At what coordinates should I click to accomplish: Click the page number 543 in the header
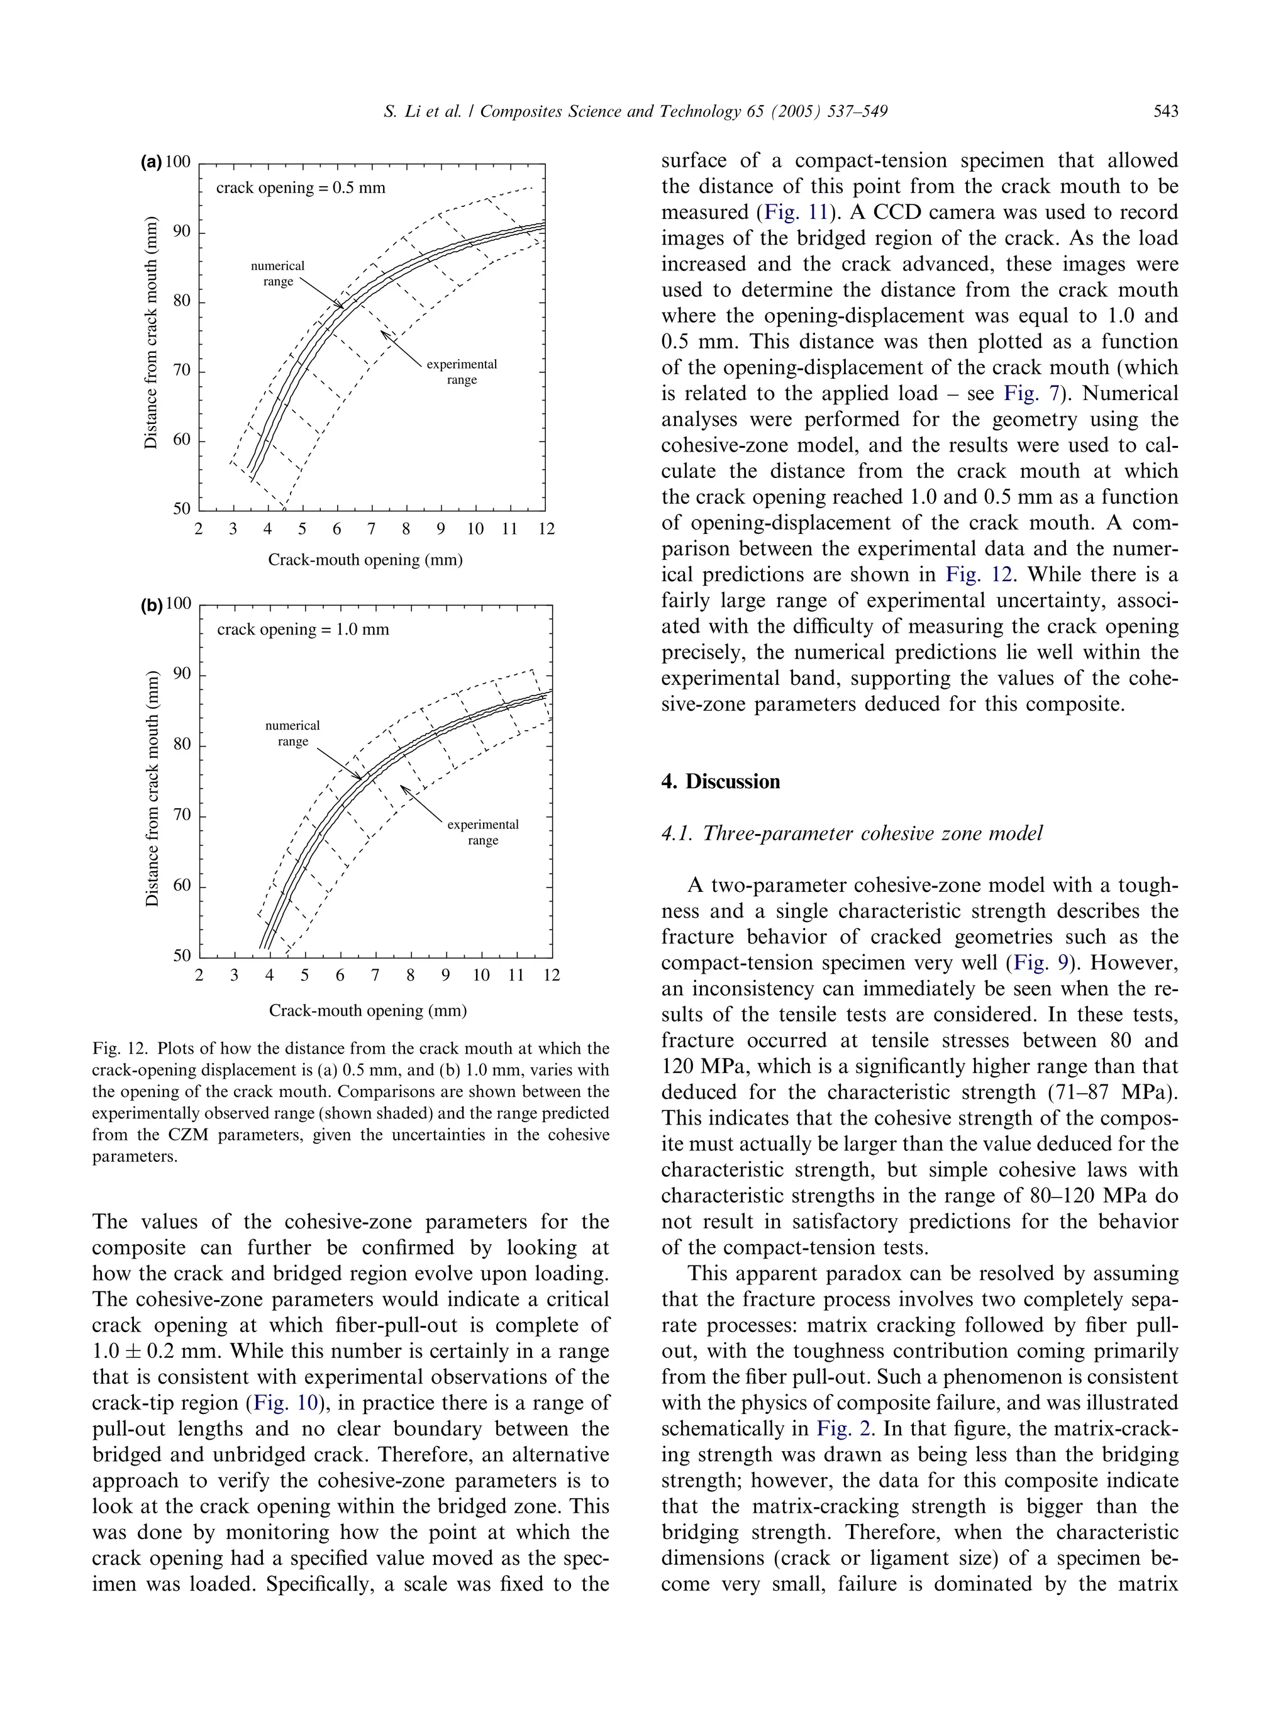[x=1165, y=111]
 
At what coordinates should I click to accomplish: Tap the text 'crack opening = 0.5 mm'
[x=300, y=188]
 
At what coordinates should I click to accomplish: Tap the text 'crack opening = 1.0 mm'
[x=303, y=630]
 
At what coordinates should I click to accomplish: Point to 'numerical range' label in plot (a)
[x=277, y=274]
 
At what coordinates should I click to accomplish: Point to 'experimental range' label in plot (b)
[x=482, y=832]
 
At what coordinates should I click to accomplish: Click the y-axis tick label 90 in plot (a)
[x=181, y=231]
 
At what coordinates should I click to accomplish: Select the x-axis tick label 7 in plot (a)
[x=371, y=529]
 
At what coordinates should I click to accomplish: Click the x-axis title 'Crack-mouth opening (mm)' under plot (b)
[x=367, y=1010]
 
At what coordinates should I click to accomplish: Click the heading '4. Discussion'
[x=719, y=781]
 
